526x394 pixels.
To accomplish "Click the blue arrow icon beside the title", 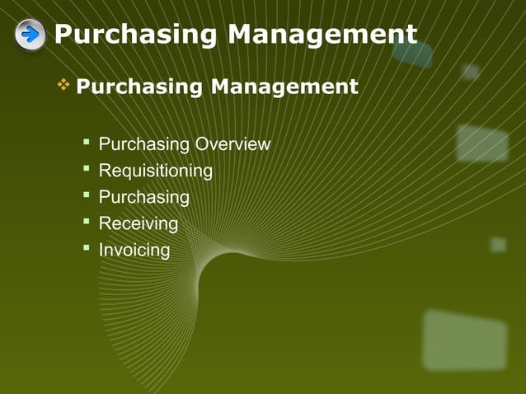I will (31, 35).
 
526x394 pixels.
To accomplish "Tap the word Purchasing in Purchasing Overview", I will (144, 145).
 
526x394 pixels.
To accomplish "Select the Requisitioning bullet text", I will (155, 171).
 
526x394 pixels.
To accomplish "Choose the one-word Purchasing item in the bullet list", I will (143, 198).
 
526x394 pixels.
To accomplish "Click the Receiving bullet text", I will (138, 224).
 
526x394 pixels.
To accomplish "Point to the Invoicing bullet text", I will (134, 250).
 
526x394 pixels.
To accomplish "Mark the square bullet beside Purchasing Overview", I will (86, 143).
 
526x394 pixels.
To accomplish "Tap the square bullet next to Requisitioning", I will (86, 170).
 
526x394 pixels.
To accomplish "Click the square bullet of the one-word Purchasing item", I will (86, 196).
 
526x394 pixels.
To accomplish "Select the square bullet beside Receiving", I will (86, 223).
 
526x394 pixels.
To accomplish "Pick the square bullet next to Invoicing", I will (86, 248).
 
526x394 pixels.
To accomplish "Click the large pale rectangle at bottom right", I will (464, 339).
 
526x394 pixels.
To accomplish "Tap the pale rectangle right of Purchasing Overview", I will (482, 143).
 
